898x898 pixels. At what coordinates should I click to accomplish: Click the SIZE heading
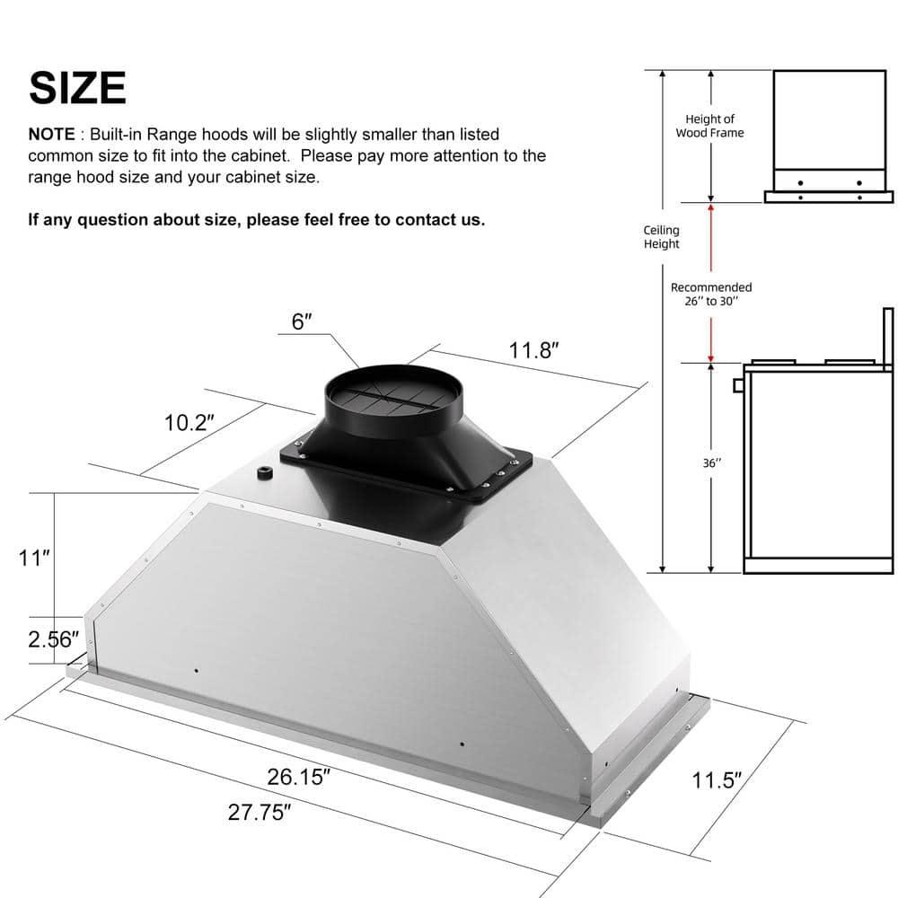pyautogui.click(x=77, y=87)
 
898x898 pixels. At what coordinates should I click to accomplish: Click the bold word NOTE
pyautogui.click(x=52, y=134)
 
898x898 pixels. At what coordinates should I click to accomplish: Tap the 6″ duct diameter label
pyautogui.click(x=302, y=321)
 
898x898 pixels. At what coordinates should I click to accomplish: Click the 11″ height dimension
pyautogui.click(x=33, y=558)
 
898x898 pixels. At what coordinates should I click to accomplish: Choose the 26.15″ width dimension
pyautogui.click(x=305, y=776)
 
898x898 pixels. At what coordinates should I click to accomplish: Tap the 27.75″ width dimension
pyautogui.click(x=260, y=814)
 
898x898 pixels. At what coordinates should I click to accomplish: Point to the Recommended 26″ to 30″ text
pyautogui.click(x=711, y=294)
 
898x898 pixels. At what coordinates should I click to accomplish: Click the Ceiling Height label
pyautogui.click(x=662, y=237)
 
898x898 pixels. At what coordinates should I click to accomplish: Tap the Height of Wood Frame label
pyautogui.click(x=709, y=126)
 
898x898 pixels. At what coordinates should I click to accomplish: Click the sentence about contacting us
pyautogui.click(x=257, y=220)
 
